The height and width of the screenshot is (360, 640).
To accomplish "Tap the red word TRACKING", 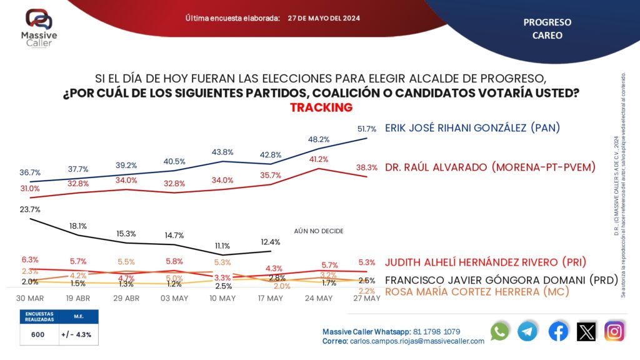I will [x=321, y=107].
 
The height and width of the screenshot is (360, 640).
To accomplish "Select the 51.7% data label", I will [x=366, y=129].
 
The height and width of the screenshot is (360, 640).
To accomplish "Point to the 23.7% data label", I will [x=30, y=210].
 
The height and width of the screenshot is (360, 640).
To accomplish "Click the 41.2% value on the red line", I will [x=319, y=159].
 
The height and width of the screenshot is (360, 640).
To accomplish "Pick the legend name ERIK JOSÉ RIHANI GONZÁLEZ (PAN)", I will [x=472, y=128].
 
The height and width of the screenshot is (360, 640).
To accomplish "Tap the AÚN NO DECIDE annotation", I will [x=319, y=231].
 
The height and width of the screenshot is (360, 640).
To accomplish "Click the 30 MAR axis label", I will [x=29, y=298].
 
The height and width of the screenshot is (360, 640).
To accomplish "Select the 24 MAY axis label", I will [x=319, y=298].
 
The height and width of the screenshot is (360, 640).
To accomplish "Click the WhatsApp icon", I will [x=500, y=332].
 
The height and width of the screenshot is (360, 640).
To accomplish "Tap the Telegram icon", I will [x=527, y=332].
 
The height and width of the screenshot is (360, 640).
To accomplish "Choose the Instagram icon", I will [x=614, y=332].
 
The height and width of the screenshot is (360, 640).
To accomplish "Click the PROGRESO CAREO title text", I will [x=547, y=29].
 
